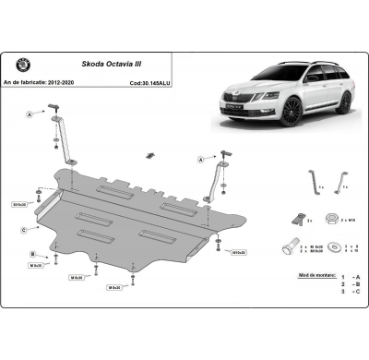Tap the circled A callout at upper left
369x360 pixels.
tap(29, 115)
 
